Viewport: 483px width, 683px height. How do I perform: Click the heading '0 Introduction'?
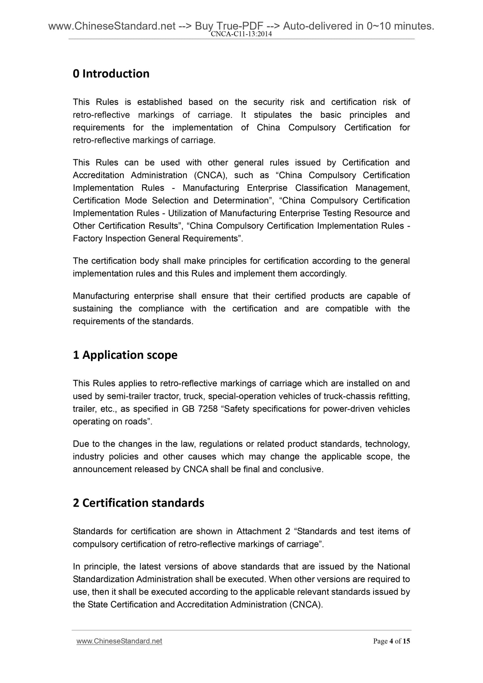tap(111, 74)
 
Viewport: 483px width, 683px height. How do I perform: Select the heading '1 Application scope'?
tap(125, 355)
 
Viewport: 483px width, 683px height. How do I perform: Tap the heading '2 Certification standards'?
tap(138, 503)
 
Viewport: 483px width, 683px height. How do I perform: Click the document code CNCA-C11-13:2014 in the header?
tap(241, 34)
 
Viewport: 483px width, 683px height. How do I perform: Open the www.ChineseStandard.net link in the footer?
tap(119, 641)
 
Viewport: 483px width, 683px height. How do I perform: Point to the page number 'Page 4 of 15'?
tap(391, 641)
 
